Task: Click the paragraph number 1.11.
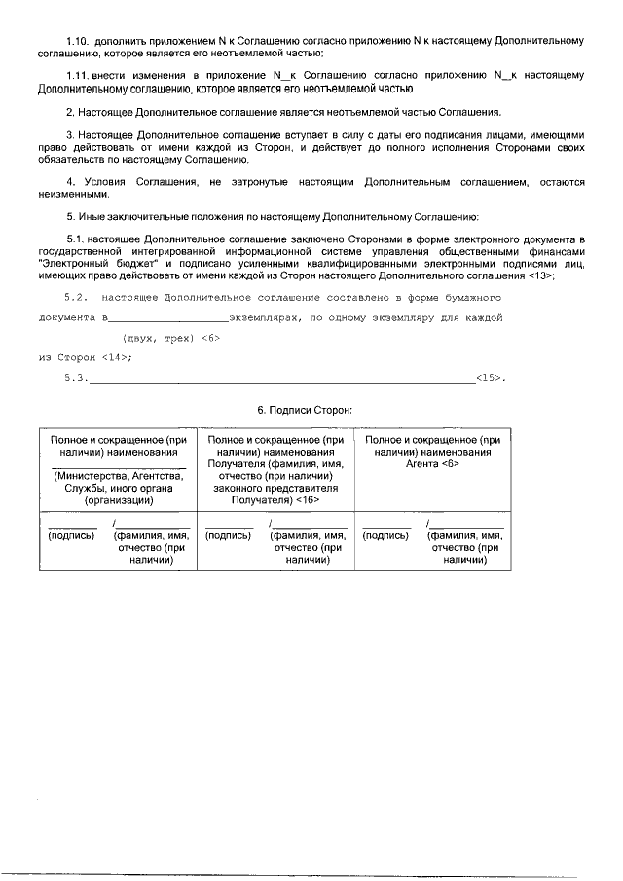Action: pos(78,75)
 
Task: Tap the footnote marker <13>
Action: pos(540,275)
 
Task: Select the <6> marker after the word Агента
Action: pos(449,464)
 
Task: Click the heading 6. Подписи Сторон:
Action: pos(305,411)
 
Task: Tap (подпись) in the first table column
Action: pos(71,535)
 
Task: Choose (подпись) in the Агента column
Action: pos(385,535)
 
